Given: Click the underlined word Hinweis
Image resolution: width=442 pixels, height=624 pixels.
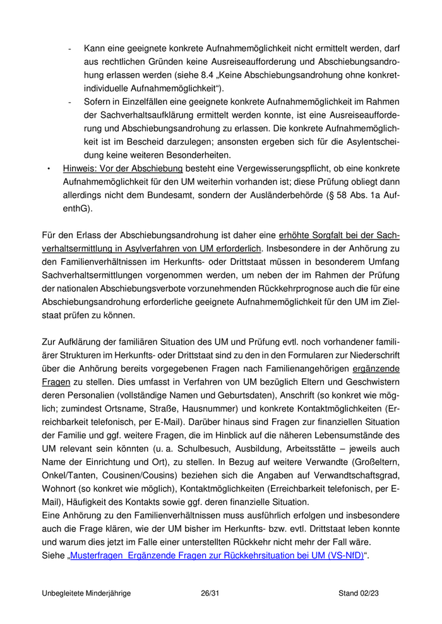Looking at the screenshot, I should tap(79, 168).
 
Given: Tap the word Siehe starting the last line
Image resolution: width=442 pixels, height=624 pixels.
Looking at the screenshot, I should tap(52, 556).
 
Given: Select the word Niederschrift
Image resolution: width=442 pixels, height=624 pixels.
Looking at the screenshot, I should tap(371, 355).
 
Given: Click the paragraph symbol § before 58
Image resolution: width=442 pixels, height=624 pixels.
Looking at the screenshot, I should tap(347, 195).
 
